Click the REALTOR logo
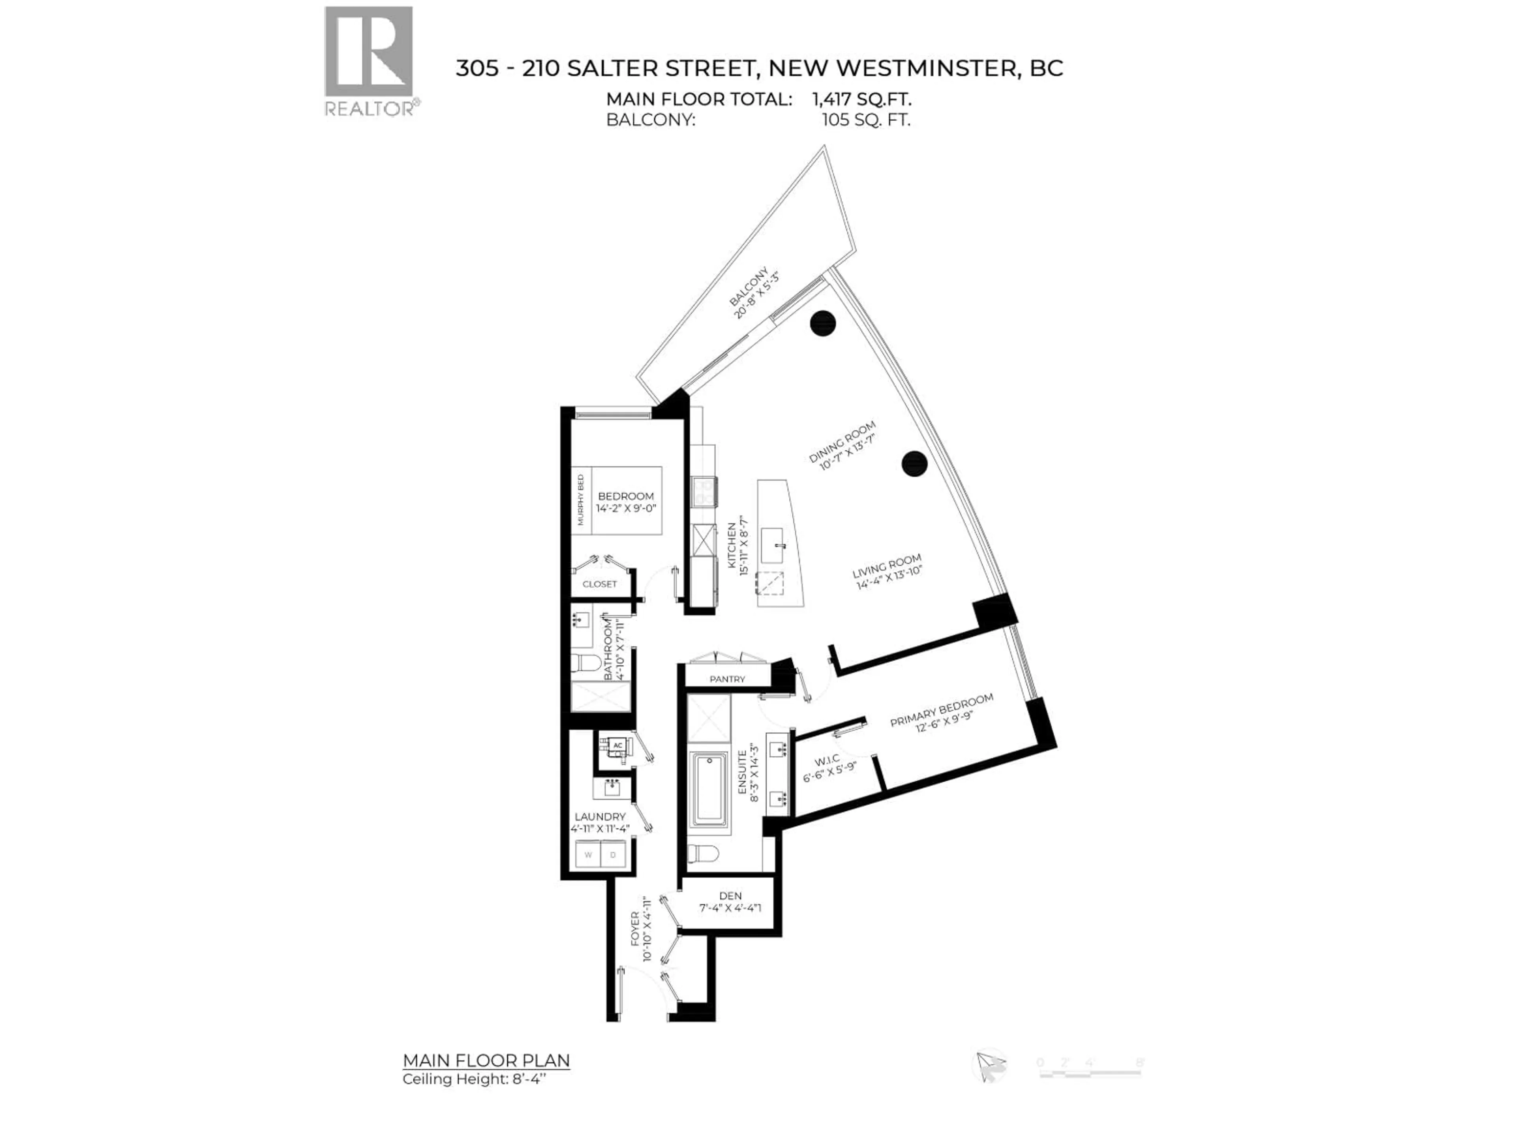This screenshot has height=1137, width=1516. pyautogui.click(x=369, y=61)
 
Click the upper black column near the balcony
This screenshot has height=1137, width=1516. pyautogui.click(x=822, y=323)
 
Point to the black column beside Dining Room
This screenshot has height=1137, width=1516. pyautogui.click(x=914, y=464)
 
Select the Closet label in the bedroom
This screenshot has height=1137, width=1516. pyautogui.click(x=600, y=584)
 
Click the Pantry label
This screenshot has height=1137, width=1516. pyautogui.click(x=727, y=679)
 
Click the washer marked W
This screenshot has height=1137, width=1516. pyautogui.click(x=588, y=855)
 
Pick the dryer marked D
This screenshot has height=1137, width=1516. pyautogui.click(x=614, y=855)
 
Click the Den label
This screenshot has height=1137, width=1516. pyautogui.click(x=731, y=896)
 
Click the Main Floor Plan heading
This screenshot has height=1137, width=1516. pyautogui.click(x=486, y=1060)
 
